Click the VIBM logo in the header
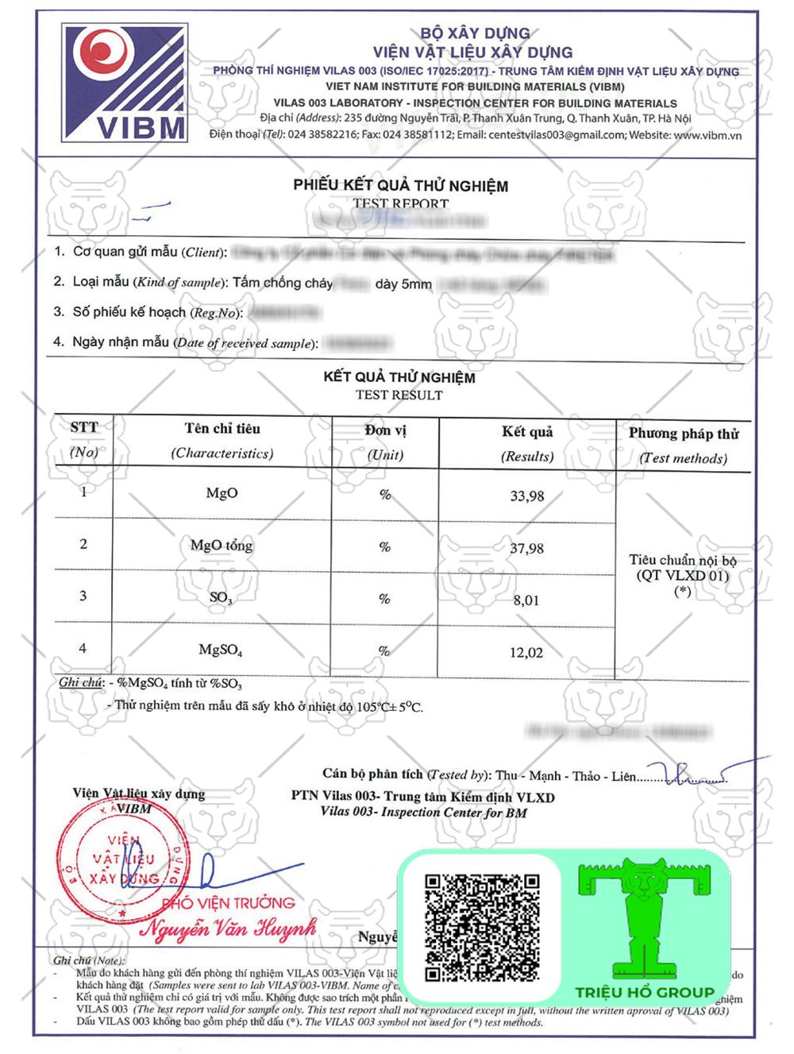tap(125, 83)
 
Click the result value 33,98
tap(527, 496)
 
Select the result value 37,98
tap(527, 549)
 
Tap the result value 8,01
tap(526, 600)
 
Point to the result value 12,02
tap(526, 653)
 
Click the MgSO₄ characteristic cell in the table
tap(221, 650)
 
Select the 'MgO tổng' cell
tap(222, 546)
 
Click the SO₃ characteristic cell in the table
tap(221, 597)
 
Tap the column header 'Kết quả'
tap(527, 432)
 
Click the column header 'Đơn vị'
tap(386, 430)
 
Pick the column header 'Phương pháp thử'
tap(684, 434)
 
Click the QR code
tap(482, 927)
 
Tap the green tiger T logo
tap(645, 917)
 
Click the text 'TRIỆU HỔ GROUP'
tap(645, 992)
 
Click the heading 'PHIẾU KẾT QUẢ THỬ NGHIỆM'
tap(400, 186)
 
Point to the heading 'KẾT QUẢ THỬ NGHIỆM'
tap(399, 377)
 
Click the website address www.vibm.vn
tap(707, 135)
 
